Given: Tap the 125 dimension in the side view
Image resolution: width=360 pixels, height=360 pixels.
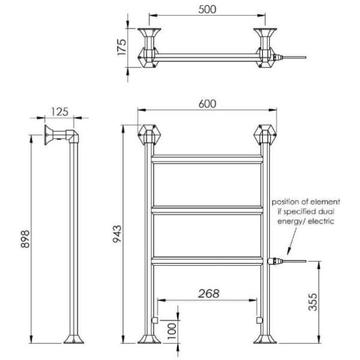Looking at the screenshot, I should click(x=59, y=111).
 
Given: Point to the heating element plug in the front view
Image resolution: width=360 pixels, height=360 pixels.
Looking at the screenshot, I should click(x=275, y=261).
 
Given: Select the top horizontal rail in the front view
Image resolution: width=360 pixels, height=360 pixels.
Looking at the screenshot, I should click(x=207, y=160).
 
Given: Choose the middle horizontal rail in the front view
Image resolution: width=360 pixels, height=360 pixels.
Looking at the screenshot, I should click(x=207, y=209).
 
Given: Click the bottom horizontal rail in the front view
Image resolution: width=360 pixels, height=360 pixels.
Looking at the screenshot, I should click(x=207, y=260).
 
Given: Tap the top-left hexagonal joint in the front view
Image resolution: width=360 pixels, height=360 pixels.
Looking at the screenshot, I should click(x=148, y=133).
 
